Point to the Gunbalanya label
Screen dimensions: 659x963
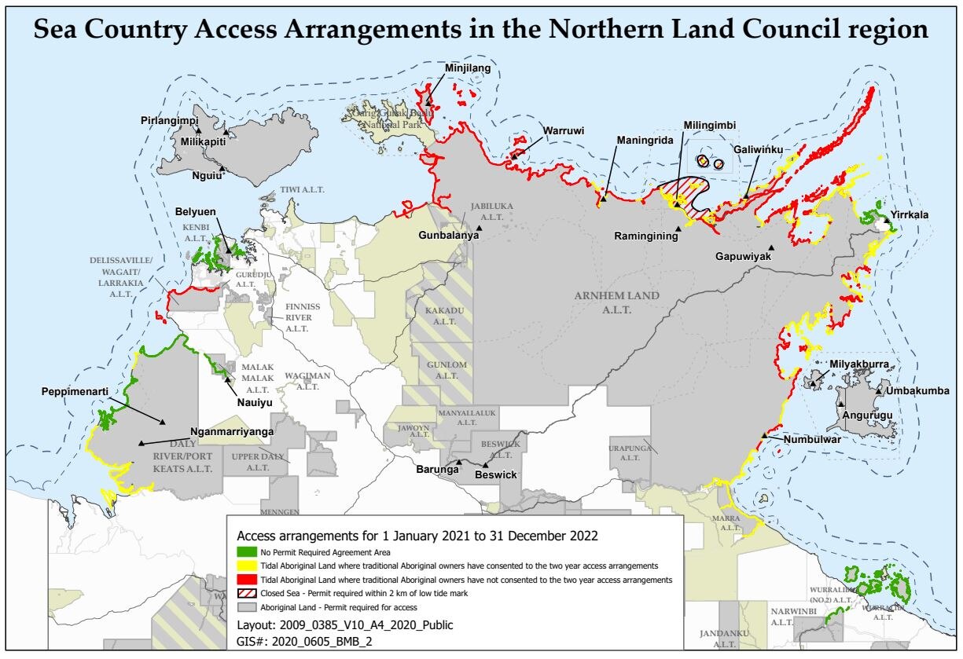coord(445,235)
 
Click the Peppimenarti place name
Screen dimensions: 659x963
coord(75,390)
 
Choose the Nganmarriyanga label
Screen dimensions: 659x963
coord(232,432)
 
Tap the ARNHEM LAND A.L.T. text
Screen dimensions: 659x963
coord(616,302)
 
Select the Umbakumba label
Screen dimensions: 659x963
coord(917,390)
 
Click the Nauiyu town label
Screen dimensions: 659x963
coord(255,403)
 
